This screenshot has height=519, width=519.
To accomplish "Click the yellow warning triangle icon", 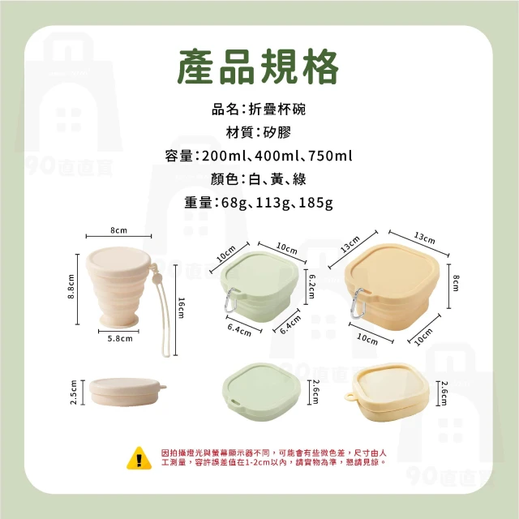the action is [139, 458].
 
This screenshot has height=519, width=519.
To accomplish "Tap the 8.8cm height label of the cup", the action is [71, 286].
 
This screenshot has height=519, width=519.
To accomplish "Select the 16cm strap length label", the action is [182, 308].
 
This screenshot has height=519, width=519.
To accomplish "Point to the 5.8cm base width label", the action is [120, 339].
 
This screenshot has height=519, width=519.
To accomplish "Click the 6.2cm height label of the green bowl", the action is [312, 286].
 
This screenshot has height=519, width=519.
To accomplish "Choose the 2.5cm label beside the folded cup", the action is [74, 392].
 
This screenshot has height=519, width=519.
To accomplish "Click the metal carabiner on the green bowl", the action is [232, 300].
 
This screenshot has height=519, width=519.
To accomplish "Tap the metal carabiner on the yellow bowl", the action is [358, 303].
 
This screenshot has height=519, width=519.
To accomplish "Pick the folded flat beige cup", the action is [127, 392].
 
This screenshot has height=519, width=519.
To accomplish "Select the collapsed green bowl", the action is [261, 392].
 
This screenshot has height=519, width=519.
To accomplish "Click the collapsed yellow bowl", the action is [388, 392].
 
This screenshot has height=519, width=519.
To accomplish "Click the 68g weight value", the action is [234, 203].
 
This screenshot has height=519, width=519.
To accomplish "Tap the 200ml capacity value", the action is [224, 156].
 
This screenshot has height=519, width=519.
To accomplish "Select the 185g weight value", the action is [315, 203].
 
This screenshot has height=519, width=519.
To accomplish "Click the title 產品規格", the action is [258, 66].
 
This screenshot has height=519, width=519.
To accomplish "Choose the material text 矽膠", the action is [277, 132].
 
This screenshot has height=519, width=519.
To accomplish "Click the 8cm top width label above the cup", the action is [118, 230].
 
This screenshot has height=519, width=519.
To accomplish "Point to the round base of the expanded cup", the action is [119, 320].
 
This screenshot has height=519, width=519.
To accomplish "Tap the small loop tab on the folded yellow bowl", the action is [350, 397].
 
